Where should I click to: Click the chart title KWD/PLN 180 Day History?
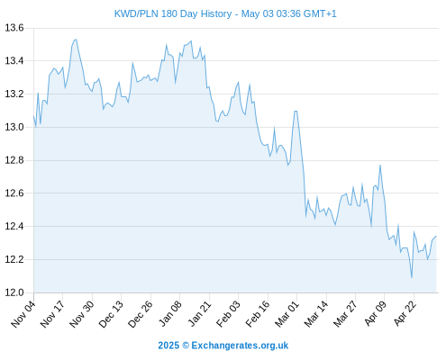coord(173,13)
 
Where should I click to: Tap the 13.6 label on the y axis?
coord(14,28)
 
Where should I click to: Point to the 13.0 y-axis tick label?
coord(14,127)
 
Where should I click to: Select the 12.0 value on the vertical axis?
coord(14,292)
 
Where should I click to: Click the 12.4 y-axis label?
coord(14,226)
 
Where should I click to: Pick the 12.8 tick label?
coord(14,160)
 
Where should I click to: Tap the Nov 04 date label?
coord(23,314)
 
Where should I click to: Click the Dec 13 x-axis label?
coord(111,314)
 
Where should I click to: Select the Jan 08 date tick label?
coord(170,314)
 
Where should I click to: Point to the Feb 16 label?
coord(258,314)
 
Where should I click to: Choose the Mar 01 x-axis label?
coord(287,314)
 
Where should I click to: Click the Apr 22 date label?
coord(405,314)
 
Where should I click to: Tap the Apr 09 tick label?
coord(376,314)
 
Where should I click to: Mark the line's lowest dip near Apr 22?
coord(412,277)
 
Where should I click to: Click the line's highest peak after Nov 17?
coord(77,40)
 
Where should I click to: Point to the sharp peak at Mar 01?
coord(296,112)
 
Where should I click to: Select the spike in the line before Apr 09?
coord(380,165)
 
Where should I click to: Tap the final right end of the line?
coord(436,236)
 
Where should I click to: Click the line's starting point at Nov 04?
coord(33,117)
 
